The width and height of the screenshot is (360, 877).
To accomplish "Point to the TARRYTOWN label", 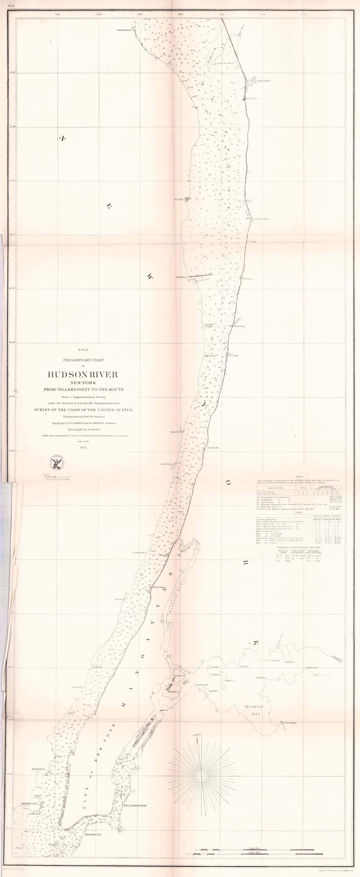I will tap(261, 219).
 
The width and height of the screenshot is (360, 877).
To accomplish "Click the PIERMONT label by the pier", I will tap(181, 277).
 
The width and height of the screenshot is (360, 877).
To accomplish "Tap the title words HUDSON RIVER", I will tap(83, 375).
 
